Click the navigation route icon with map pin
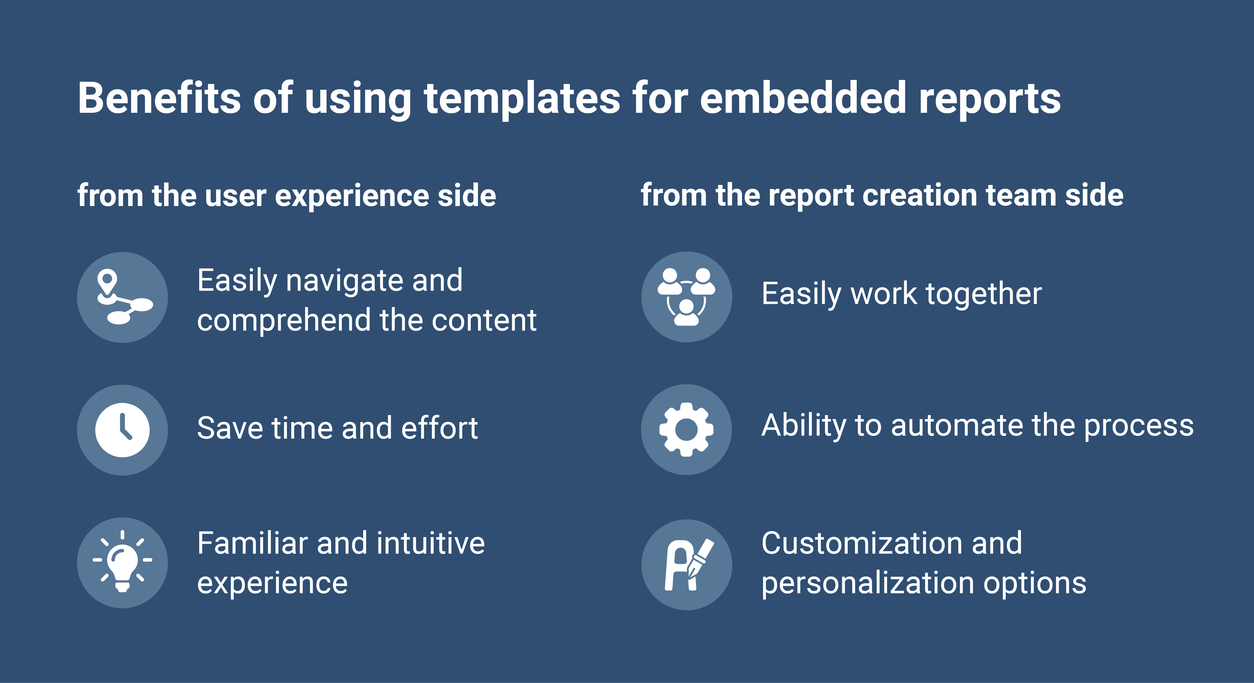click(x=122, y=297)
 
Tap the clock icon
click(x=122, y=430)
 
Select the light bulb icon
click(x=122, y=563)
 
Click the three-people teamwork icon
click(x=686, y=297)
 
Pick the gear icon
click(x=686, y=430)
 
